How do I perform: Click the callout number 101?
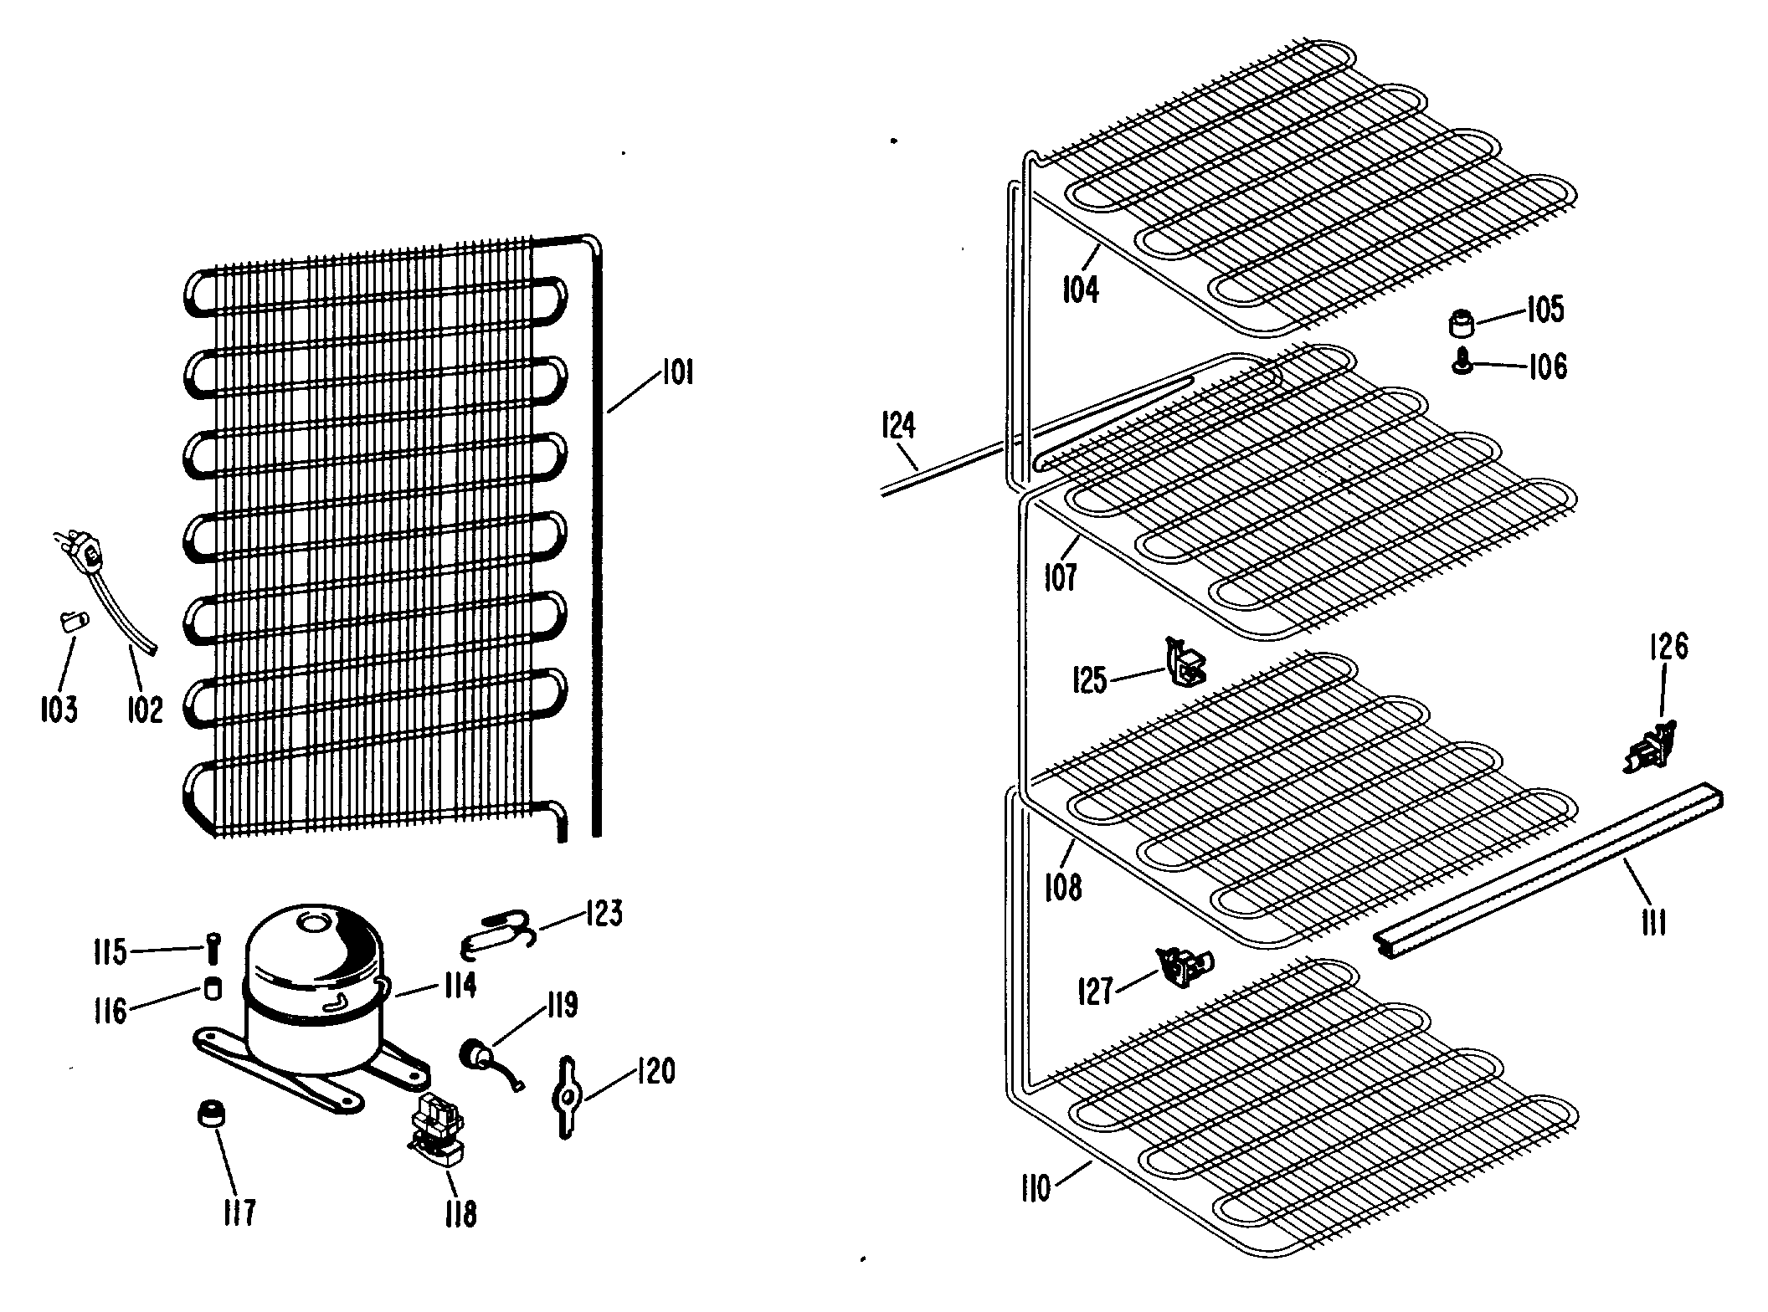click(x=676, y=372)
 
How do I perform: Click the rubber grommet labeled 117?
click(x=210, y=1114)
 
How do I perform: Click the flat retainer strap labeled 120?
click(x=566, y=1096)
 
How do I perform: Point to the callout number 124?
click(x=899, y=426)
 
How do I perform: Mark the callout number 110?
click(x=1036, y=1188)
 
